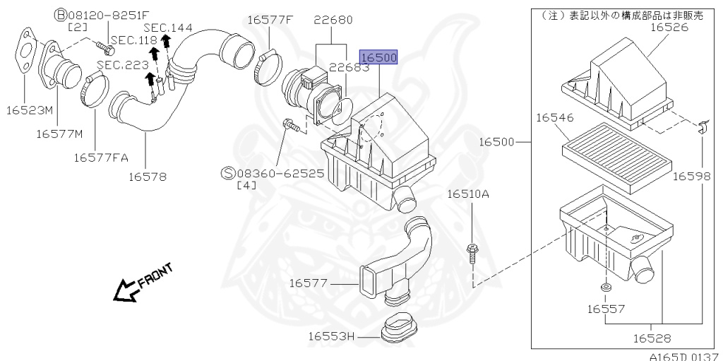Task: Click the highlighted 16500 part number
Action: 379,57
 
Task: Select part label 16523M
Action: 30,110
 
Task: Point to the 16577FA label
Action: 100,157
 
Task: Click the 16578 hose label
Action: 148,177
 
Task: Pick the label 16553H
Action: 330,336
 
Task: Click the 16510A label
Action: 467,193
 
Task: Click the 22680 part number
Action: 333,19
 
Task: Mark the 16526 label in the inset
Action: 669,28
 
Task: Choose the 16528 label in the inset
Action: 652,339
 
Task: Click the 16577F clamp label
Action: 269,19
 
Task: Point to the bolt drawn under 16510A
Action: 471,252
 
